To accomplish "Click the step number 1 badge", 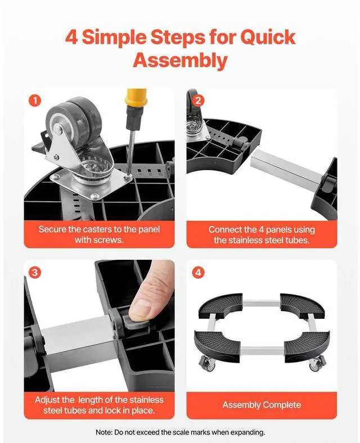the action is point(35,101).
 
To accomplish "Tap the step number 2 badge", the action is point(198,101).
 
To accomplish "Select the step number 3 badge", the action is point(35,273).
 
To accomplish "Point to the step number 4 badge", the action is point(198,273).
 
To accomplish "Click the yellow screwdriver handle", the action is point(137,97).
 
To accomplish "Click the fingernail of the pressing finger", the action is point(141,309).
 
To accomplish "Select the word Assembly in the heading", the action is point(181,60).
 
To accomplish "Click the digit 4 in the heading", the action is point(71,37).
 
